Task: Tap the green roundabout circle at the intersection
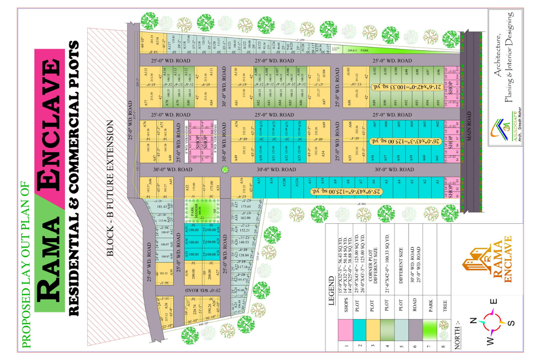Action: click(225, 170)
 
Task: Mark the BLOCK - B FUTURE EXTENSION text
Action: click(111, 189)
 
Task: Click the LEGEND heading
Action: click(332, 292)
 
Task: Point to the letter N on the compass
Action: click(472, 321)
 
